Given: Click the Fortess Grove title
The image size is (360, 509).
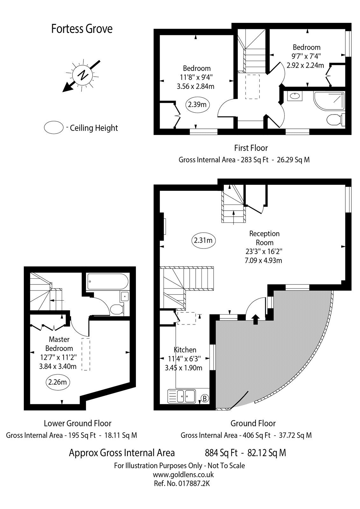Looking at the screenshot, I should click(82, 29).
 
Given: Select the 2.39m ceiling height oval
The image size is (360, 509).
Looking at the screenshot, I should click(197, 104).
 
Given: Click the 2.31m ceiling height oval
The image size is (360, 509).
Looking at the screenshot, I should click(203, 241).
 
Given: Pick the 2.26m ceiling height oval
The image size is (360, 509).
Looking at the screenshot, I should click(58, 381).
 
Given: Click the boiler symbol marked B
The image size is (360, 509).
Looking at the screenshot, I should click(205, 398).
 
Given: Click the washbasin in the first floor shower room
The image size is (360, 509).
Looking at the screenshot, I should click(295, 96).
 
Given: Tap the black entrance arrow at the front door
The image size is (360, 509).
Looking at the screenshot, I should click(255, 319).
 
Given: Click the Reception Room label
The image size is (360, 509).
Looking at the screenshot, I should click(264, 238).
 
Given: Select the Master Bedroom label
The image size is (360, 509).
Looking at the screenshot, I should click(59, 344).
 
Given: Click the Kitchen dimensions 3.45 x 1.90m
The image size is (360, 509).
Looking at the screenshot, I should click(183, 368).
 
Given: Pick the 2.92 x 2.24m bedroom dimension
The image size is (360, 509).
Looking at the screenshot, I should click(305, 66).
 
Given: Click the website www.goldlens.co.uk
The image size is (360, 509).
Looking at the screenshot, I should click(183, 475).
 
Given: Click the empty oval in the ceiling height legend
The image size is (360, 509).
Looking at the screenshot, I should click(53, 128).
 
